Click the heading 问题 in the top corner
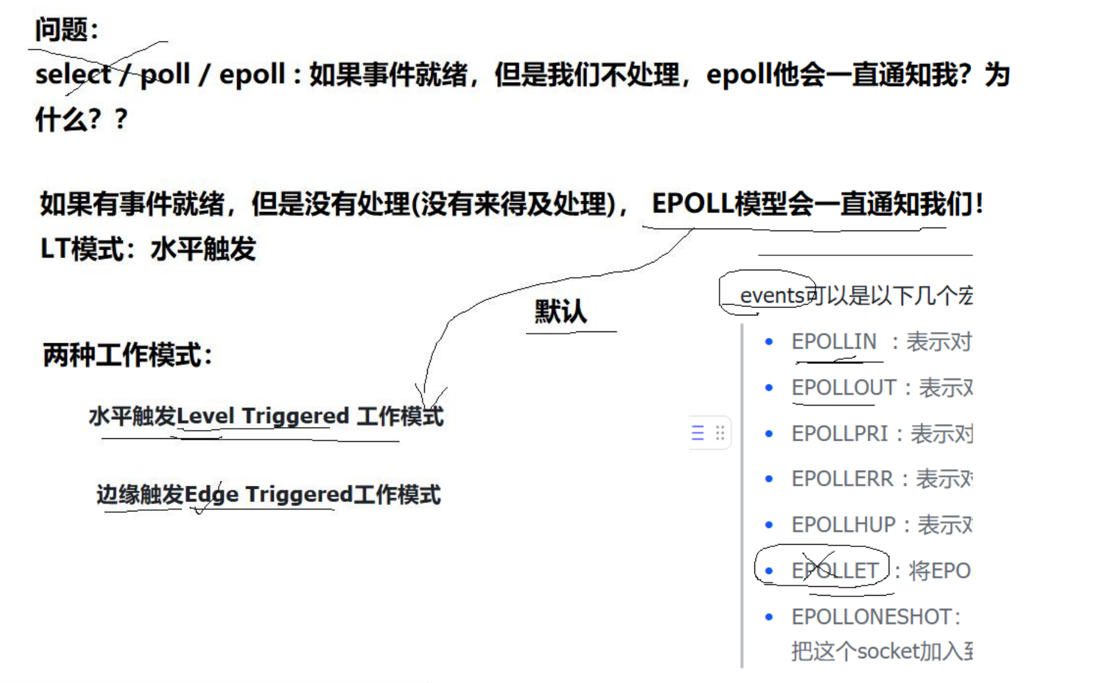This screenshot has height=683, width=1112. (62, 29)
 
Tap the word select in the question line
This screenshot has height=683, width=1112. (72, 75)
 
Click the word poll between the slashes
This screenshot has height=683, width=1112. (165, 75)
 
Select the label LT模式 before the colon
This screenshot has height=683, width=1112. (80, 248)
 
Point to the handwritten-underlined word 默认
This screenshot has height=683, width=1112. (560, 311)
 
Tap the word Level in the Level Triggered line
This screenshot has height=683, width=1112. (206, 416)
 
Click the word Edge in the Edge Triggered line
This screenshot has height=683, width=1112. (211, 494)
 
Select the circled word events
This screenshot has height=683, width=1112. (772, 295)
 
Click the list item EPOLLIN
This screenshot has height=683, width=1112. (834, 341)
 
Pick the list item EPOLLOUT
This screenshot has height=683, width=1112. (844, 387)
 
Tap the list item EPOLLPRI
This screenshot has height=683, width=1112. (839, 434)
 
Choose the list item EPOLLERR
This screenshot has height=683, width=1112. (842, 479)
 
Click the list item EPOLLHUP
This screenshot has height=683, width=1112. (843, 524)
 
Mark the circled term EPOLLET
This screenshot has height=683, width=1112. (835, 571)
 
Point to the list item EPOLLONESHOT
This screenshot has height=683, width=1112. (871, 616)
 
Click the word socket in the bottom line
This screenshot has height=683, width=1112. (888, 651)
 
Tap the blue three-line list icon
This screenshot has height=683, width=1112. (698, 432)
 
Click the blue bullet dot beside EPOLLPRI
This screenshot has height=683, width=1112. (769, 434)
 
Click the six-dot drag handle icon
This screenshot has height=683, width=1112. (720, 432)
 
